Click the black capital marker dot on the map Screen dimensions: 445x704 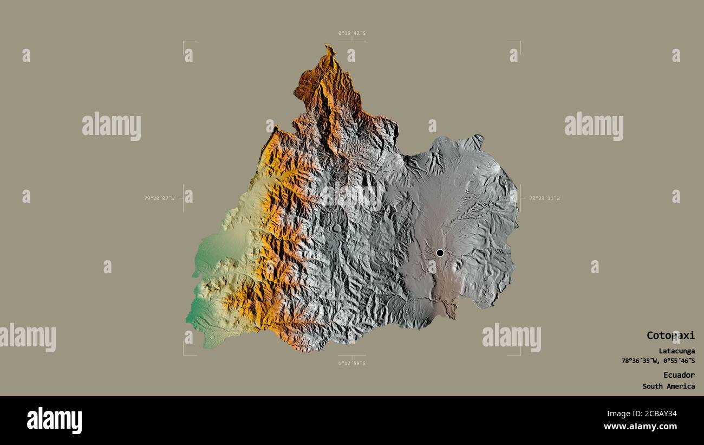tap(440, 253)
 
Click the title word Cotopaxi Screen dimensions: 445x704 tap(670, 336)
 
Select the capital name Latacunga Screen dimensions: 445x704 tap(676, 351)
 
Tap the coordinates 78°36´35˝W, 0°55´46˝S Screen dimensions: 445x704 tap(658, 360)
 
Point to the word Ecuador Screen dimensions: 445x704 tap(679, 375)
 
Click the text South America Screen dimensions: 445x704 tap(668, 386)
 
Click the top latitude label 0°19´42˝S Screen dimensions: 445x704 tap(351, 33)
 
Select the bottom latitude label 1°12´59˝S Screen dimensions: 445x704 tap(351, 363)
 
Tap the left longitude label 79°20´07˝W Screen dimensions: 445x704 tap(159, 198)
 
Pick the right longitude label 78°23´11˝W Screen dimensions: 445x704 tap(544, 198)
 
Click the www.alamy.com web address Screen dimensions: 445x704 tap(640, 427)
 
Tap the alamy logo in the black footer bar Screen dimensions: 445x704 tap(54, 421)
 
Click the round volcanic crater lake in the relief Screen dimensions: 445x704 tap(337, 228)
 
